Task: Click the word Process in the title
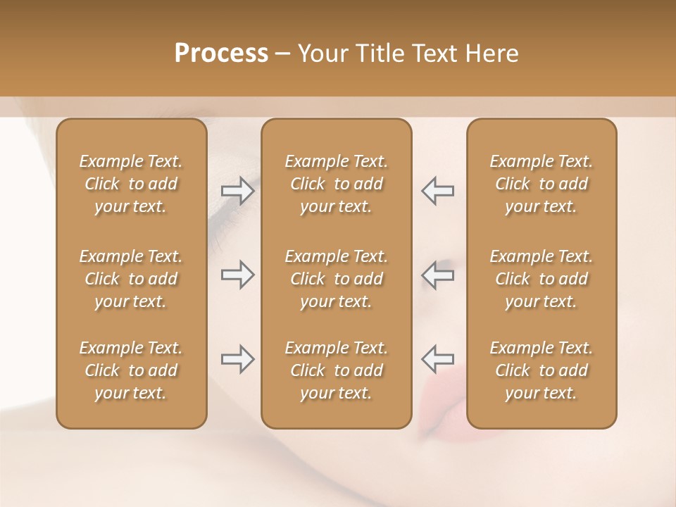(221, 54)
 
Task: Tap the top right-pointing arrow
(238, 191)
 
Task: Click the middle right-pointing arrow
(238, 275)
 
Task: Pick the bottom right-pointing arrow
(238, 359)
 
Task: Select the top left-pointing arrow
(437, 191)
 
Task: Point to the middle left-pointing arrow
(437, 275)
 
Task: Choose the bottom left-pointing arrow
(437, 359)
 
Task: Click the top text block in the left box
(131, 184)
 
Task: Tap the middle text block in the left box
(131, 279)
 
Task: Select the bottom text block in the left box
(131, 370)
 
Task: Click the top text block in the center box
(337, 184)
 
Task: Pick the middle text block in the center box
(337, 279)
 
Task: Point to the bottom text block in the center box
(337, 370)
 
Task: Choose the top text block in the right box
(542, 184)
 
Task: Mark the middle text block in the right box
(542, 279)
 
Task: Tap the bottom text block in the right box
(542, 370)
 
